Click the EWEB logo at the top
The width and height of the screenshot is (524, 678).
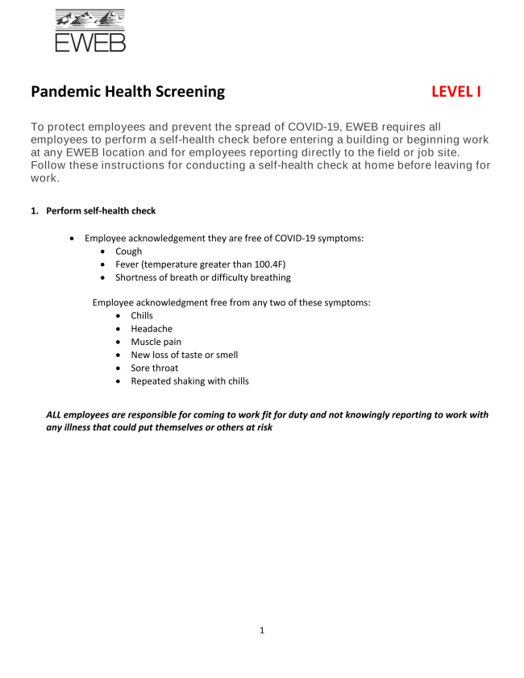pyautogui.click(x=89, y=30)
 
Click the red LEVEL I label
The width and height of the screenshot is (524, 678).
pyautogui.click(x=455, y=92)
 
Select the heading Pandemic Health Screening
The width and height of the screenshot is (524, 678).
pyautogui.click(x=128, y=92)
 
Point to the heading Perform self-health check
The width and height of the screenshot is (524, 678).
pyautogui.click(x=101, y=211)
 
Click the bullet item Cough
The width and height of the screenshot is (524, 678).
pyautogui.click(x=128, y=252)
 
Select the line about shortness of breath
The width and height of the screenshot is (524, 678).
pyautogui.click(x=202, y=277)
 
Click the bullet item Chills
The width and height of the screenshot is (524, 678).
pyautogui.click(x=142, y=316)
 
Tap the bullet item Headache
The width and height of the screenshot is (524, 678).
pyautogui.click(x=152, y=329)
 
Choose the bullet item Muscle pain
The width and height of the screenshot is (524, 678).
pyautogui.click(x=156, y=342)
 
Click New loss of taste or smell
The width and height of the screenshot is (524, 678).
pyautogui.click(x=184, y=355)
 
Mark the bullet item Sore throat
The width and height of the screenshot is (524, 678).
pyautogui.click(x=154, y=368)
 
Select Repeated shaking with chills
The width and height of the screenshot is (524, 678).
pyautogui.click(x=189, y=381)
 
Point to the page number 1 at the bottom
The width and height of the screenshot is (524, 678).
pyautogui.click(x=262, y=630)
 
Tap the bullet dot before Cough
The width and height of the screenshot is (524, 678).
pyautogui.click(x=104, y=252)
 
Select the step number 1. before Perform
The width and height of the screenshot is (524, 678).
pyautogui.click(x=35, y=211)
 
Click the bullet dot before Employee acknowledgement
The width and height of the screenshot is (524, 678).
pyautogui.click(x=73, y=239)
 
